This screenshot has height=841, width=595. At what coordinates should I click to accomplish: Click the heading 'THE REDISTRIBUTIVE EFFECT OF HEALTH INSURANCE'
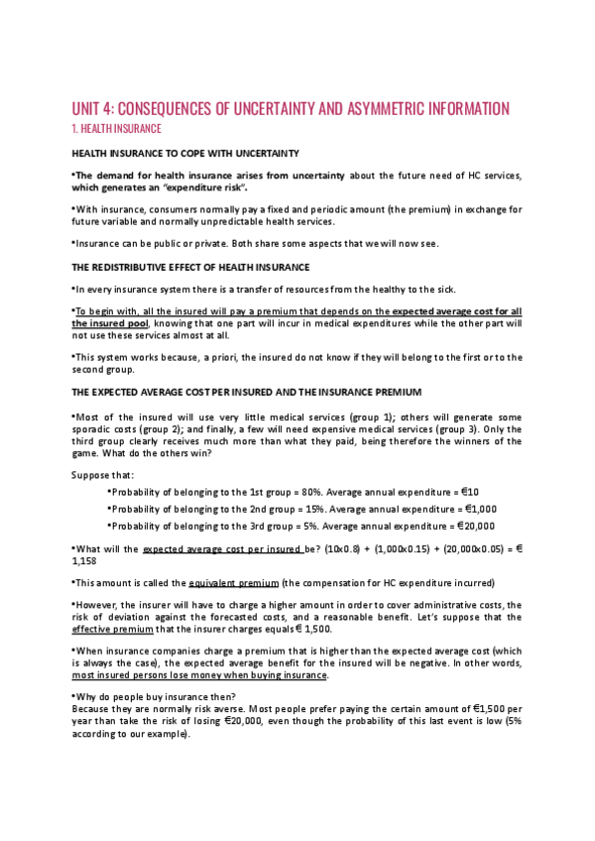pyautogui.click(x=191, y=268)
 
